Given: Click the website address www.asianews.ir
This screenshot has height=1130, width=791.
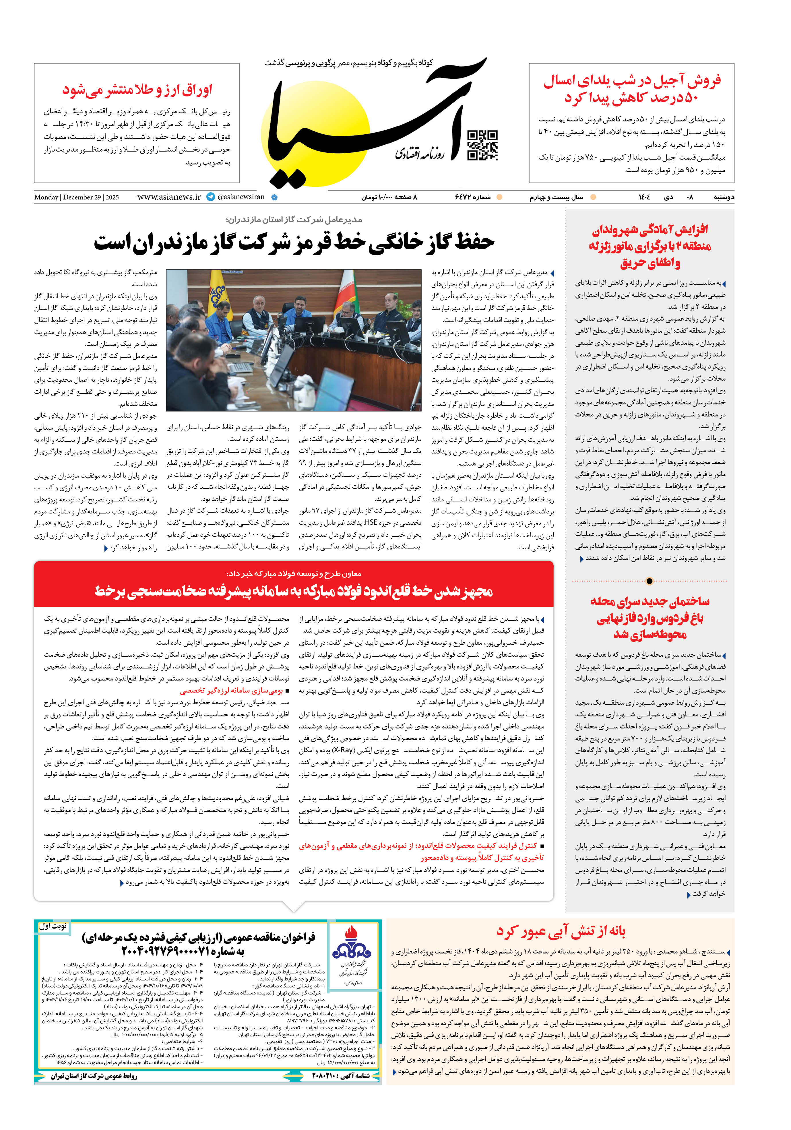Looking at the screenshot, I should (169, 197).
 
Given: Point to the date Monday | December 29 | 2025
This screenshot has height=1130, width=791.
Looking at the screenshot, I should (76, 197).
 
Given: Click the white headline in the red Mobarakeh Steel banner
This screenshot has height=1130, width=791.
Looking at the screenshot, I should (294, 591).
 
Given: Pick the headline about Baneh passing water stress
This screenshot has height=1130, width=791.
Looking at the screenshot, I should (561, 931).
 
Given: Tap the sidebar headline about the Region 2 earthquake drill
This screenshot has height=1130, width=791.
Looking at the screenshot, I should (650, 246).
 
